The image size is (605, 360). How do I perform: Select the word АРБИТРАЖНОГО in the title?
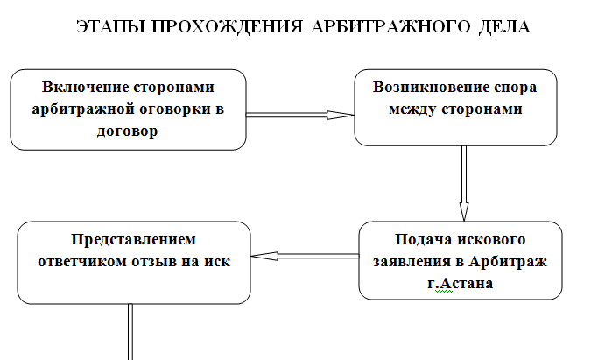pyautogui.click(x=390, y=26)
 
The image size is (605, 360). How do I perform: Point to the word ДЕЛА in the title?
pyautogui.click(x=504, y=26)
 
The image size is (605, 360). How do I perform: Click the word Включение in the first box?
pyautogui.click(x=85, y=87)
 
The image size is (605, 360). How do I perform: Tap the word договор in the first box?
pyautogui.click(x=127, y=131)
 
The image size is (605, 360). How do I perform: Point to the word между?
pyautogui.click(x=412, y=109)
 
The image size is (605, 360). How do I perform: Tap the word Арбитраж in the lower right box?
pyautogui.click(x=508, y=262)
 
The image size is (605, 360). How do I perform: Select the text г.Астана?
pyautogui.click(x=461, y=284)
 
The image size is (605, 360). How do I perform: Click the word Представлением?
pyautogui.click(x=133, y=240)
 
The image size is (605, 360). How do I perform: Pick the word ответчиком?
pyautogui.click(x=82, y=262)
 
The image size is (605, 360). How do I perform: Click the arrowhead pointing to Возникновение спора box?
pyautogui.click(x=341, y=115)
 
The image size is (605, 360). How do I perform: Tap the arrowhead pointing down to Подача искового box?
pyautogui.click(x=464, y=211)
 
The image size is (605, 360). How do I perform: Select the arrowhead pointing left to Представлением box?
pyautogui.click(x=264, y=257)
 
